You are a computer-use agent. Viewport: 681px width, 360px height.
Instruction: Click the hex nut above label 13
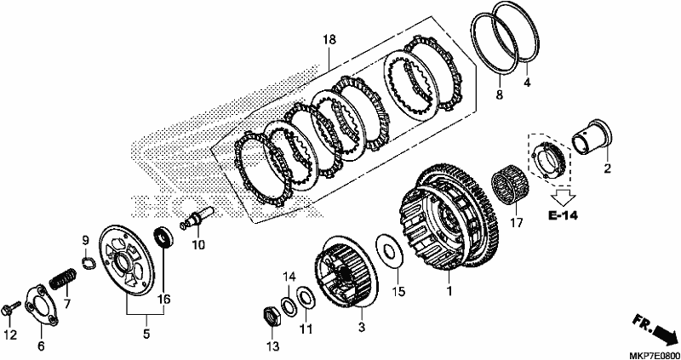pyautogui.click(x=272, y=316)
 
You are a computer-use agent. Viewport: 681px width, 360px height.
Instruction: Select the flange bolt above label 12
pyautogui.click(x=11, y=308)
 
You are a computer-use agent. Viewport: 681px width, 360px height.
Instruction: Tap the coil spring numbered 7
pyautogui.click(x=62, y=279)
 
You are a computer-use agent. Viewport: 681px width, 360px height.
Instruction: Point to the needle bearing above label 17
pyautogui.click(x=508, y=187)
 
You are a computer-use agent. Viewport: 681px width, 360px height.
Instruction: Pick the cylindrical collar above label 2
pyautogui.click(x=591, y=136)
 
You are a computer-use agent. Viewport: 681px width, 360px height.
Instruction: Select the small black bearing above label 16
pyautogui.click(x=163, y=237)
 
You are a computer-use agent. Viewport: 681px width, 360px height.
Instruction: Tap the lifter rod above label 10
pyautogui.click(x=197, y=218)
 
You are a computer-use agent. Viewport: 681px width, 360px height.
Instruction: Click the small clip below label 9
pyautogui.click(x=89, y=263)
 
